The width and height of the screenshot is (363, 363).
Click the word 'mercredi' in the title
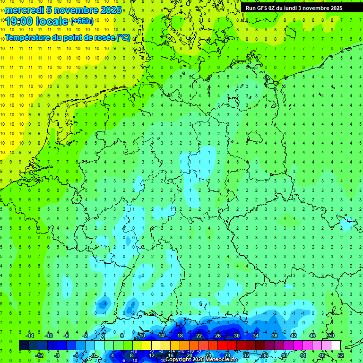click(22, 10)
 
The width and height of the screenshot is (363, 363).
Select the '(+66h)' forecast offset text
click(81, 21)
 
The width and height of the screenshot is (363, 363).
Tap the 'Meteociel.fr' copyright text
click(221, 359)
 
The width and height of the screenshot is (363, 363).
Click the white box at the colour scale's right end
click(336, 345)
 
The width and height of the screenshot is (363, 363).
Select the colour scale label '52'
click(340, 355)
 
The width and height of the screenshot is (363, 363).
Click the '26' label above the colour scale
click(217, 336)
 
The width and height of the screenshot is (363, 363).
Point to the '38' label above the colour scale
click(274, 336)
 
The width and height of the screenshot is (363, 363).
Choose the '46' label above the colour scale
click(312, 336)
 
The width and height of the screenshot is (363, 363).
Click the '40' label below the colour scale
click(284, 355)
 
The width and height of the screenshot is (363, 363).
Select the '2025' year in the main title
click(110, 10)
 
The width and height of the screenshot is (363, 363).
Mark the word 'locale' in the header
click(52, 21)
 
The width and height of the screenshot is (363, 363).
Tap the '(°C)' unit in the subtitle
click(123, 37)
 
